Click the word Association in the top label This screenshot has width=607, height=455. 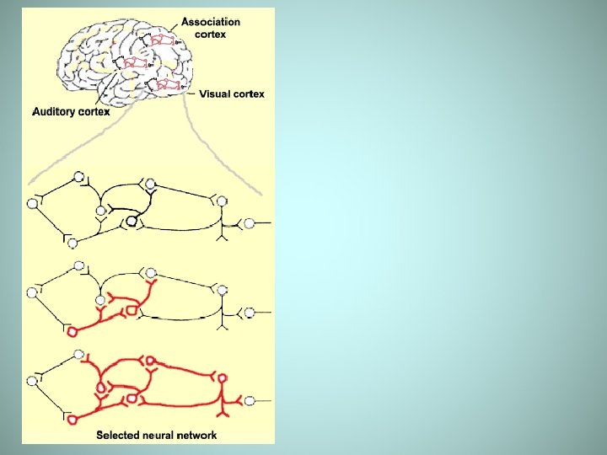pyautogui.click(x=211, y=23)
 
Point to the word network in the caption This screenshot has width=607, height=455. pyautogui.click(x=196, y=436)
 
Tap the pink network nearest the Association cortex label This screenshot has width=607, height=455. pyautogui.click(x=163, y=39)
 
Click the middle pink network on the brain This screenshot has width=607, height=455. pyautogui.click(x=136, y=62)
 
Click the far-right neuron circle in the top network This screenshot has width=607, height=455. pyautogui.click(x=249, y=223)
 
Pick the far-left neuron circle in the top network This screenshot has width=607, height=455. pyautogui.click(x=33, y=203)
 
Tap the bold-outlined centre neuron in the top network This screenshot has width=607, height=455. pyautogui.click(x=131, y=222)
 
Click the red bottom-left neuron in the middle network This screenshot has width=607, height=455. pyautogui.click(x=72, y=332)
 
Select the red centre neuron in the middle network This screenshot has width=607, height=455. pyautogui.click(x=131, y=312)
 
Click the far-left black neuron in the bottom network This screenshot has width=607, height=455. pyautogui.click(x=33, y=381)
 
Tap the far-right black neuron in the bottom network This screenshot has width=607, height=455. pyautogui.click(x=249, y=400)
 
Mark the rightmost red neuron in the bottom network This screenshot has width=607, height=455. pyautogui.click(x=222, y=379)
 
